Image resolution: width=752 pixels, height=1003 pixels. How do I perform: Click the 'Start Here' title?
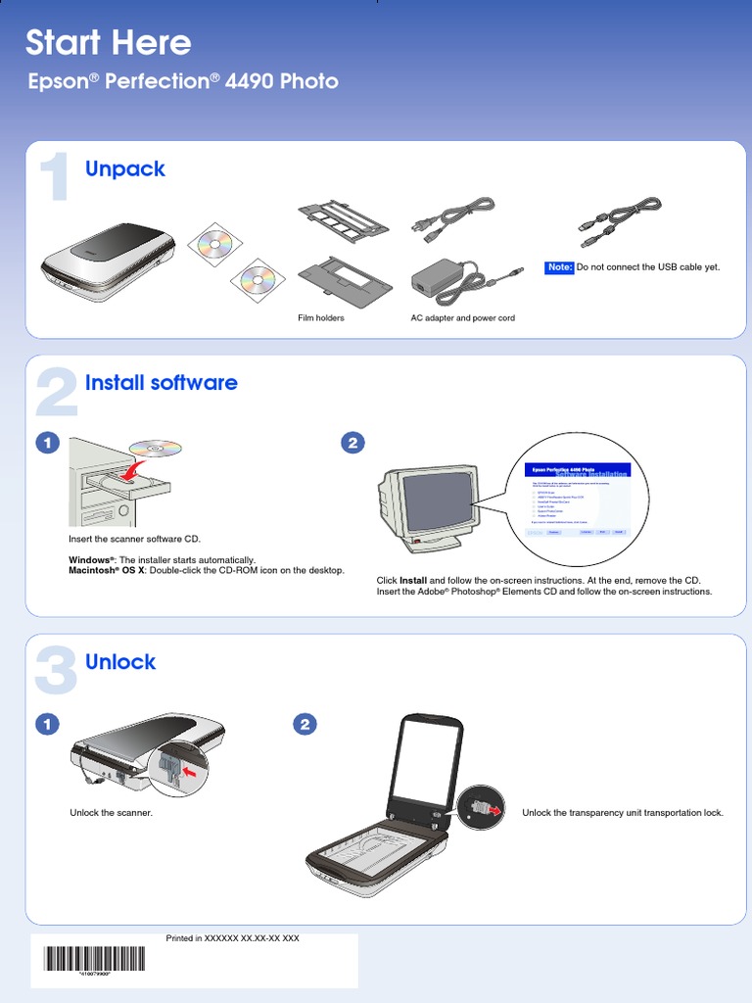108,43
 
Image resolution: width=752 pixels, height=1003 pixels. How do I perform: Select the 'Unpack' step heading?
125,169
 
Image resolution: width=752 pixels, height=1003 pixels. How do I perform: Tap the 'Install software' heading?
162,383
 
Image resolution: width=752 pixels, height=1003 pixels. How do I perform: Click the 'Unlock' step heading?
120,662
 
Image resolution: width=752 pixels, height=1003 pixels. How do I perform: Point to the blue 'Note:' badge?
559,267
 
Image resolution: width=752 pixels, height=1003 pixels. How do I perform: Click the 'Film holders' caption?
321,318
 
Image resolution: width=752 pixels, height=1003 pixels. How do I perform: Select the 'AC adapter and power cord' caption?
462,318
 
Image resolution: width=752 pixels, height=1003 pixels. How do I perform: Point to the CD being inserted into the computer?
155,449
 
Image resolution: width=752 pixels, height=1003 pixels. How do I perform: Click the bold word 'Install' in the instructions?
413,581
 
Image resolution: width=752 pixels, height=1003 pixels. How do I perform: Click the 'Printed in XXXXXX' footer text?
232,938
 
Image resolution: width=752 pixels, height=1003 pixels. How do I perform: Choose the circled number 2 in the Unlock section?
305,725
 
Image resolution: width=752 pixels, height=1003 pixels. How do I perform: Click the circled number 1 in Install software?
45,444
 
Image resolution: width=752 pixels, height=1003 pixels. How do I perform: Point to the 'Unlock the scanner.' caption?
111,813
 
